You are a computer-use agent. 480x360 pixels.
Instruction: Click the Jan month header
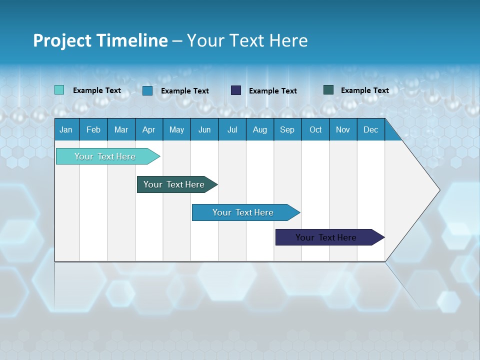click(x=66, y=129)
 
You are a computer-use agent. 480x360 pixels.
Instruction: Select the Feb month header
click(x=93, y=129)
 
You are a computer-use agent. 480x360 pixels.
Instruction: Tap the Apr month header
click(x=149, y=129)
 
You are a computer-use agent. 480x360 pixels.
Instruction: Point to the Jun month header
click(x=204, y=129)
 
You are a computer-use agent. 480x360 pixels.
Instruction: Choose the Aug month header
click(x=260, y=129)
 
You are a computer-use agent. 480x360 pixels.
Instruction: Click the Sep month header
click(x=287, y=129)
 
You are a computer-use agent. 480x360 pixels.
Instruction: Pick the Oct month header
click(x=315, y=129)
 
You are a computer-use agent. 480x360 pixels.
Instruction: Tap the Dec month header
click(x=371, y=129)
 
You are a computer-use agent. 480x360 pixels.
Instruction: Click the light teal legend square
click(x=59, y=90)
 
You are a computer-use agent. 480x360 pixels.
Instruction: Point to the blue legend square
click(x=147, y=90)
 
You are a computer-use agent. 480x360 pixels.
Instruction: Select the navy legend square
click(x=236, y=90)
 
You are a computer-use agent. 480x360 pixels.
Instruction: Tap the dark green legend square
click(x=328, y=90)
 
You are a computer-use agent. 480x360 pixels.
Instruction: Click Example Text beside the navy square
click(x=273, y=91)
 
